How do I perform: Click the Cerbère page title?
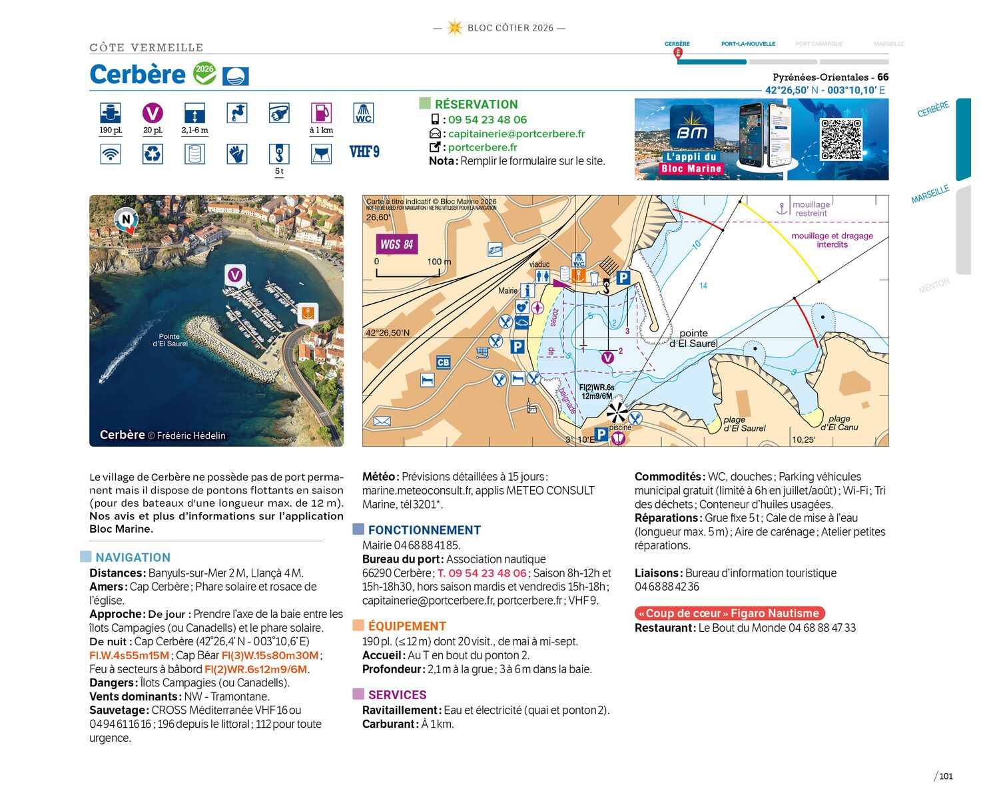[x=138, y=75]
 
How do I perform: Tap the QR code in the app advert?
[x=840, y=139]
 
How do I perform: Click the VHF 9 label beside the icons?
[x=364, y=152]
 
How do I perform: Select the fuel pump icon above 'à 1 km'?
[x=321, y=113]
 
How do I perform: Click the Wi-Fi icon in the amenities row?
[x=111, y=154]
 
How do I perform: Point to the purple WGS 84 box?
[x=396, y=244]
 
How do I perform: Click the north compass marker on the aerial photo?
[x=126, y=219]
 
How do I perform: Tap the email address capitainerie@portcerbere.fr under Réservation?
[x=516, y=134]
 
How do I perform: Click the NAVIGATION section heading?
[x=133, y=558]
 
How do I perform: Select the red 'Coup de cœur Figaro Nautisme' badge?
[x=729, y=613]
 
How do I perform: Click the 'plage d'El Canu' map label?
[x=839, y=423]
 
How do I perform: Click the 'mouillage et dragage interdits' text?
[x=832, y=240]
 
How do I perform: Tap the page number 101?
[x=946, y=776]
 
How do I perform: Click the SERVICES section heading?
[x=397, y=695]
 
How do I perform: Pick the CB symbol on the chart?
[x=443, y=363]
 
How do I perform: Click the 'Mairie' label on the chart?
[x=507, y=291]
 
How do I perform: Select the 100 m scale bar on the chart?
[x=412, y=273]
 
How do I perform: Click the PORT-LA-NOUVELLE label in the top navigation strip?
[x=748, y=44]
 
